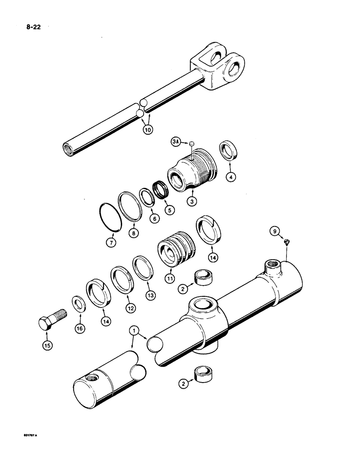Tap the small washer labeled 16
[78, 305]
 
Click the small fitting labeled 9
[287, 241]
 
